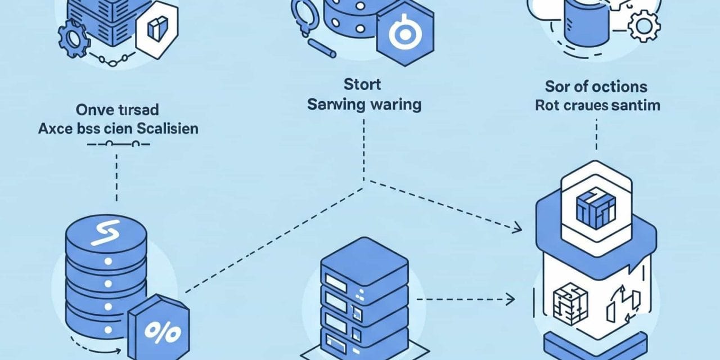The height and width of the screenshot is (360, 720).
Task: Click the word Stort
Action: [x=362, y=85]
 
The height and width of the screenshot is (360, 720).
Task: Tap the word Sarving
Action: [x=335, y=105]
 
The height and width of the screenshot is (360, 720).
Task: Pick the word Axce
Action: [x=53, y=128]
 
